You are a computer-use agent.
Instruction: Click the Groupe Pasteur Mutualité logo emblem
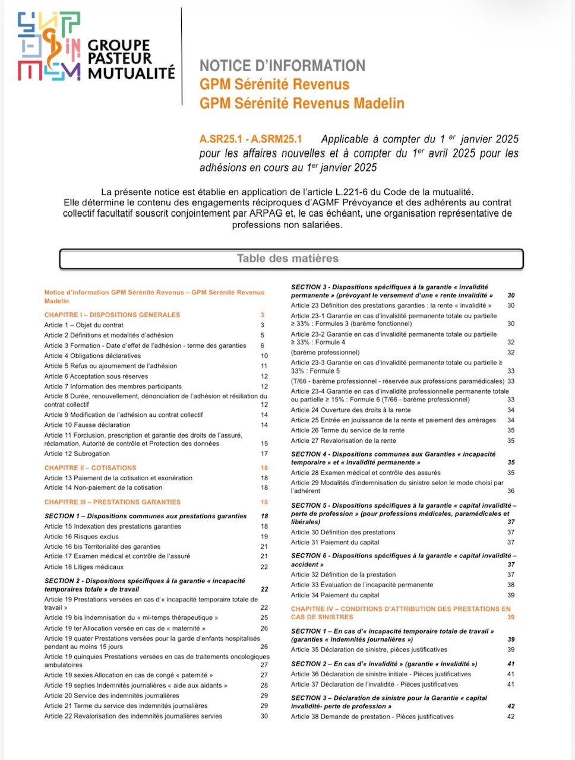(49, 46)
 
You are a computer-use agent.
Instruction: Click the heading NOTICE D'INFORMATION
(282, 66)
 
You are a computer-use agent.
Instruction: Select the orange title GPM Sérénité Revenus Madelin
(302, 103)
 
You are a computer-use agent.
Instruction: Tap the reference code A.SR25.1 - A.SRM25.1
(251, 140)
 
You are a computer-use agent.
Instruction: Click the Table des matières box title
(287, 258)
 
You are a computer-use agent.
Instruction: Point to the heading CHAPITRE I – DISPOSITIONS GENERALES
(112, 315)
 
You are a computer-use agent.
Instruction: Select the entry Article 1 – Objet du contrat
(84, 325)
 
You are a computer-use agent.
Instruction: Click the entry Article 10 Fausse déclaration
(87, 425)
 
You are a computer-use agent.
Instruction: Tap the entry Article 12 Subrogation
(77, 454)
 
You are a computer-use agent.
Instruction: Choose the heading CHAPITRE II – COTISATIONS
(90, 468)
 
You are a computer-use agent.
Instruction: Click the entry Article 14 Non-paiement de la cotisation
(103, 487)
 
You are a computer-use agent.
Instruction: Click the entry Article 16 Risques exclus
(81, 537)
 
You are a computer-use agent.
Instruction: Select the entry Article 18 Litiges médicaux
(84, 567)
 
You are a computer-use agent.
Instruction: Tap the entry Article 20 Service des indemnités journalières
(111, 696)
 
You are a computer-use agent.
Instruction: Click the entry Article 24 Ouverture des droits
(350, 410)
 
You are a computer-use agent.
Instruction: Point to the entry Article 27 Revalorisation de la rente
(343, 441)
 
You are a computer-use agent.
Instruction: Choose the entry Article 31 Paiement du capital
(335, 542)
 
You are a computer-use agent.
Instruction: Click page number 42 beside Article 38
(511, 717)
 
